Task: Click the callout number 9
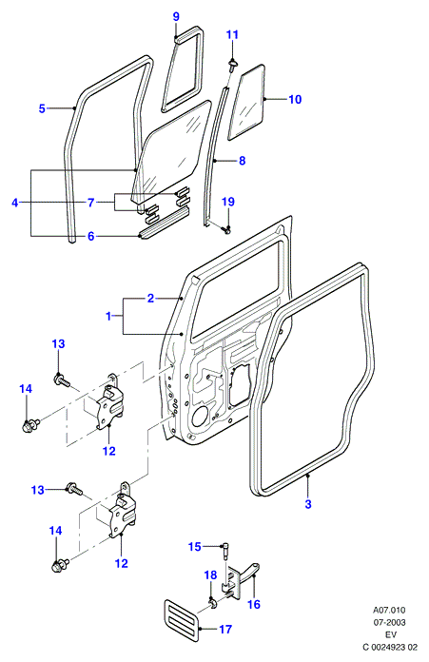[176, 16]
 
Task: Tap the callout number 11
[232, 34]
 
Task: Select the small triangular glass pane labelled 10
[246, 102]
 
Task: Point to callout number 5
[42, 108]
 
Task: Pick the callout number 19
[228, 202]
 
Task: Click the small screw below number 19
[226, 230]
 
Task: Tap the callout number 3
[308, 504]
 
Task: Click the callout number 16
[254, 604]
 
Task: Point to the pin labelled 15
[224, 552]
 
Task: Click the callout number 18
[210, 575]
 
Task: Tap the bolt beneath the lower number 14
[60, 565]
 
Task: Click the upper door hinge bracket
[109, 402]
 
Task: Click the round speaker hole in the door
[199, 417]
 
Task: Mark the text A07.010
[389, 610]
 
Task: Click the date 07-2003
[389, 622]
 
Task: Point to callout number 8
[242, 161]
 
